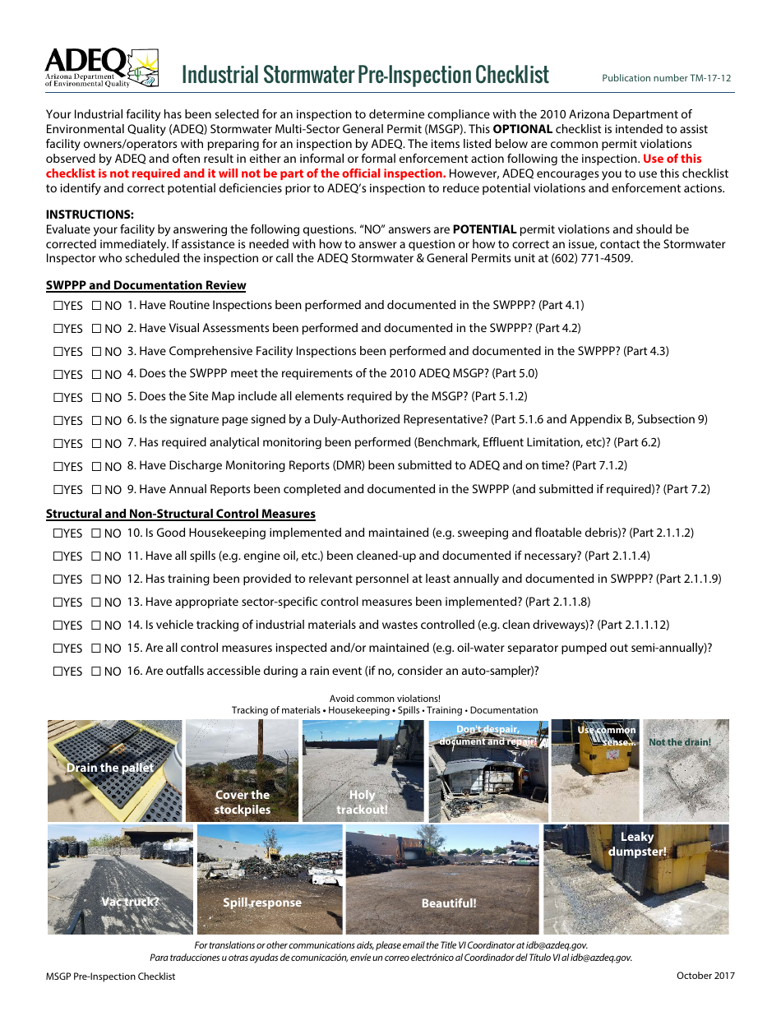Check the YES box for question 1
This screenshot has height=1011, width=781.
(59, 306)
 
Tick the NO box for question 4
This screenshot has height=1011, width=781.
(97, 374)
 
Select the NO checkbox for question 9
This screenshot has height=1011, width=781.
(97, 490)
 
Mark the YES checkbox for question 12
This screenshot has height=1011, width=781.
(59, 579)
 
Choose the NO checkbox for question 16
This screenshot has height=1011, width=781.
(97, 672)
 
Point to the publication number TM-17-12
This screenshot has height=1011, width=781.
(666, 78)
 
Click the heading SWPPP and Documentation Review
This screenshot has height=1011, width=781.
(146, 285)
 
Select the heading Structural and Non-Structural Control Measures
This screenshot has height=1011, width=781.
(180, 514)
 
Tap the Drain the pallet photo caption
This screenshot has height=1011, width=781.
(110, 768)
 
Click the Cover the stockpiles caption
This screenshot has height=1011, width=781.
(242, 802)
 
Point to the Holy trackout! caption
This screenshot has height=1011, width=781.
(362, 802)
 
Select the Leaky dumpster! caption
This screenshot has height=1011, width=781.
(637, 844)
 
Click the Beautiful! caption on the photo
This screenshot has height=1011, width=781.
(449, 903)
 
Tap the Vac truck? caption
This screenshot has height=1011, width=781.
(130, 902)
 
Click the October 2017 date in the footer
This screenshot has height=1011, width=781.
(705, 976)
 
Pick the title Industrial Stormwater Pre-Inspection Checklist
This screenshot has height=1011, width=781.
(365, 75)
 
